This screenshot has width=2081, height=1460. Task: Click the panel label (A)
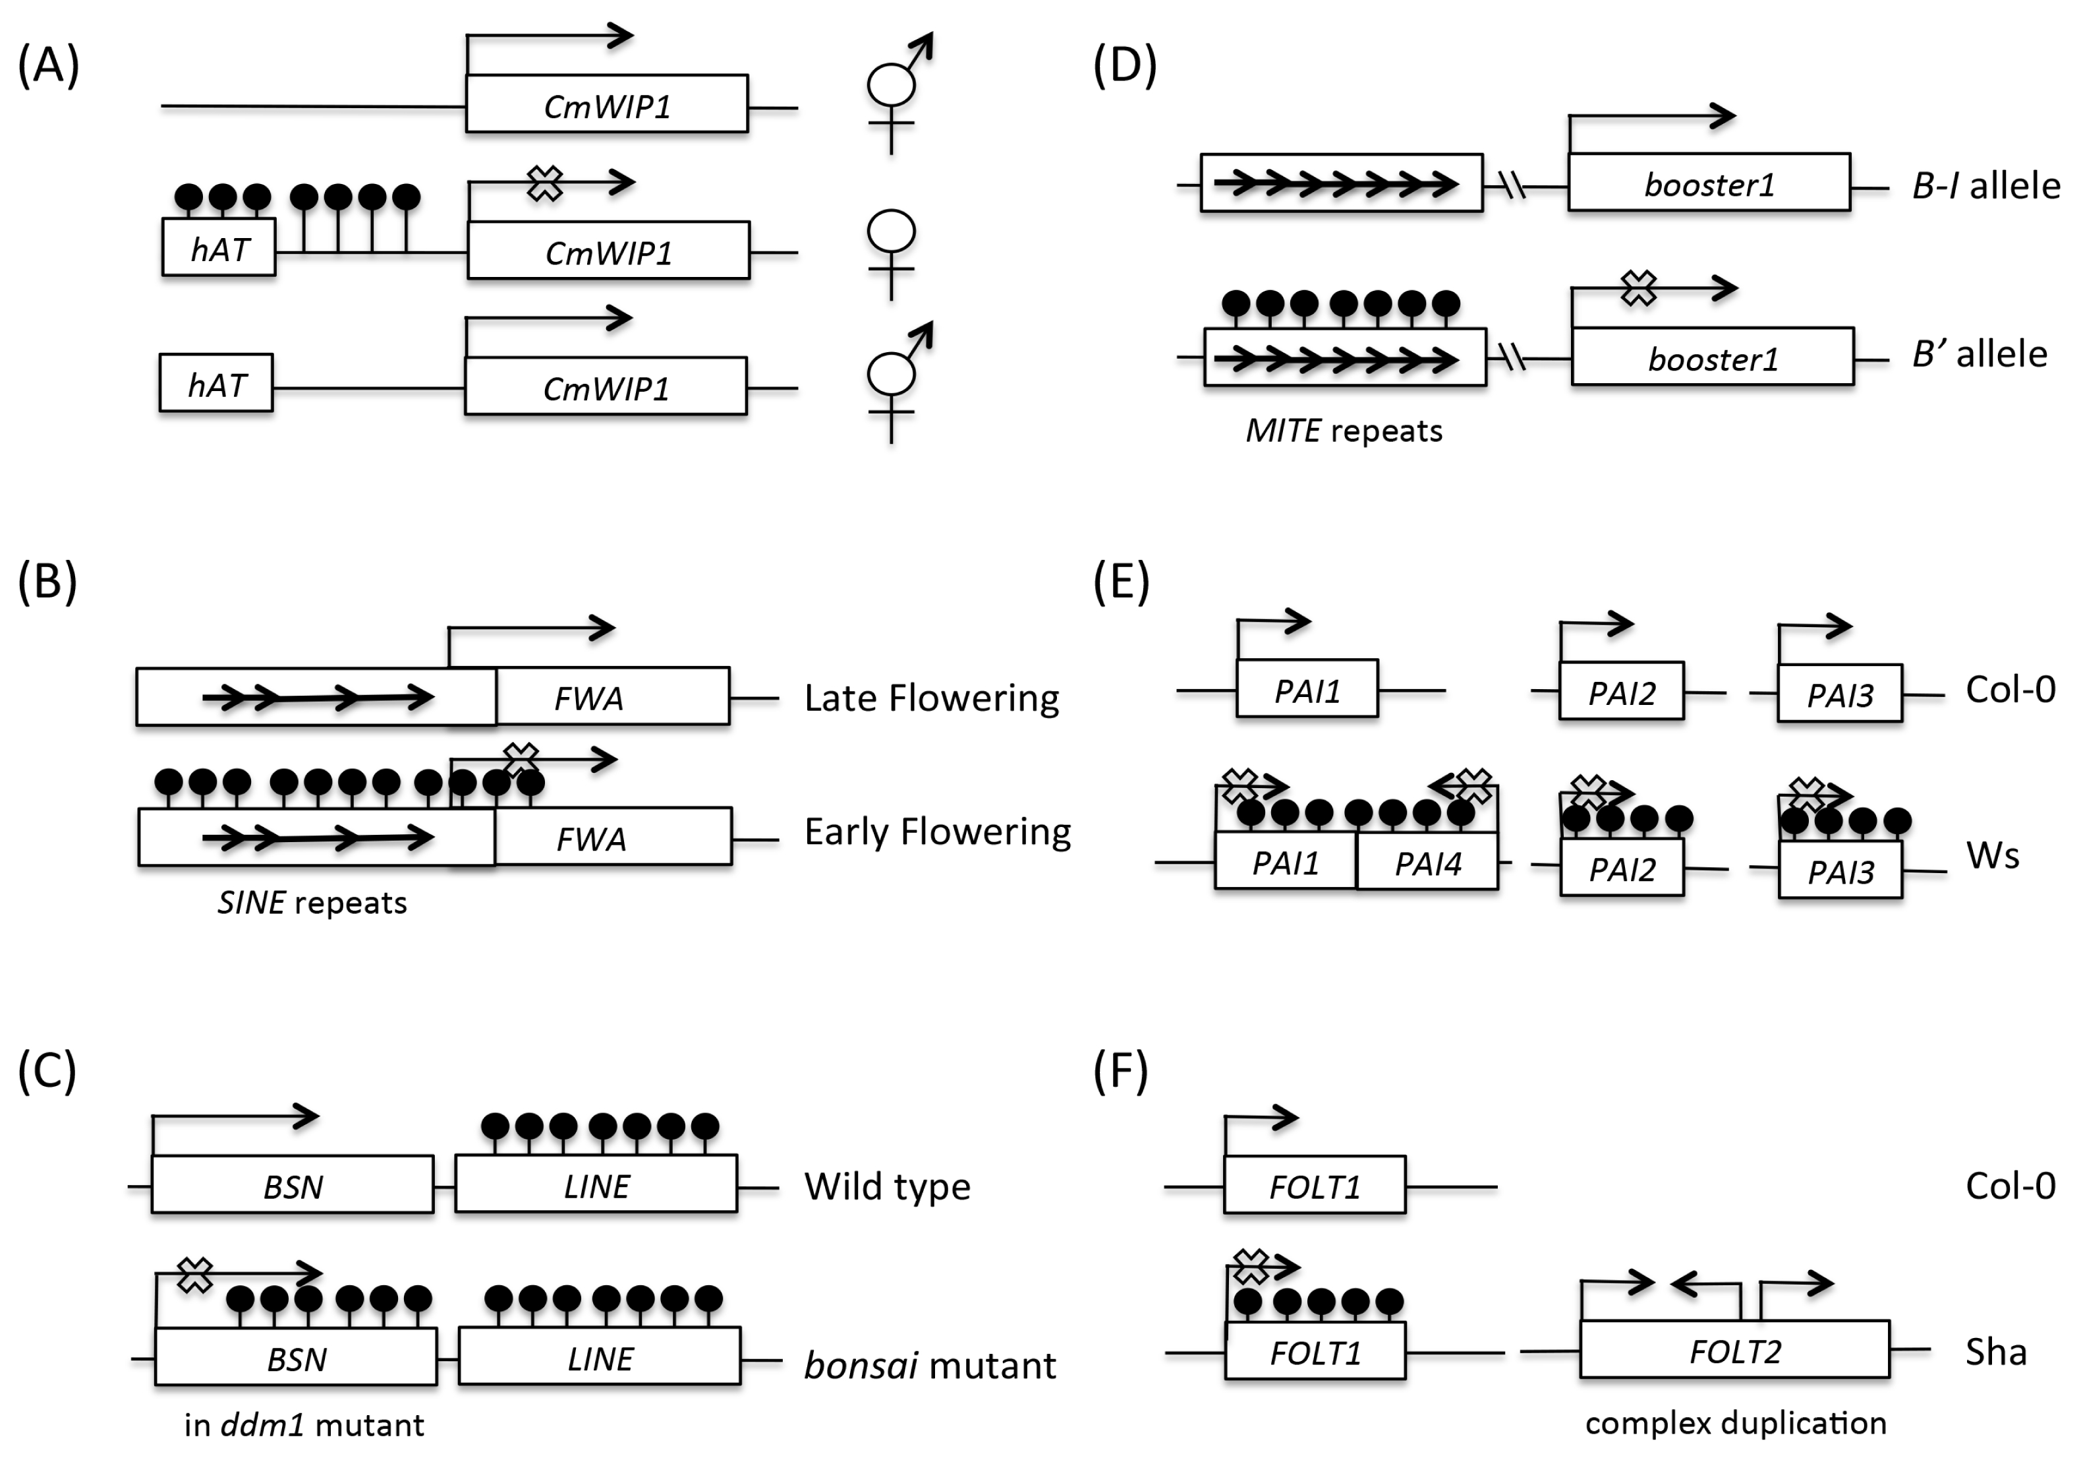click(49, 66)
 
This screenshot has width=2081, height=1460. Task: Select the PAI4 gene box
click(1427, 861)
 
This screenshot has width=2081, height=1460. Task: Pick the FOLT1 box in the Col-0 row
click(1314, 1185)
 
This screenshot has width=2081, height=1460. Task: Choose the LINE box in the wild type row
click(596, 1184)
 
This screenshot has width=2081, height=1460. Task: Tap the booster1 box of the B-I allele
click(1709, 182)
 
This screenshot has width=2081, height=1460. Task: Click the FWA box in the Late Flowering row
click(613, 696)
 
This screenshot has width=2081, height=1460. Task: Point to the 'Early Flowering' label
click(937, 832)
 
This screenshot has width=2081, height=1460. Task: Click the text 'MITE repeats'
click(1343, 431)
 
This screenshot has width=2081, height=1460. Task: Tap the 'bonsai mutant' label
click(930, 1365)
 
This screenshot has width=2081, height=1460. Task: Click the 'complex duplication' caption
click(1736, 1424)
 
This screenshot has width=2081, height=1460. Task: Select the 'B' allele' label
click(1980, 353)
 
